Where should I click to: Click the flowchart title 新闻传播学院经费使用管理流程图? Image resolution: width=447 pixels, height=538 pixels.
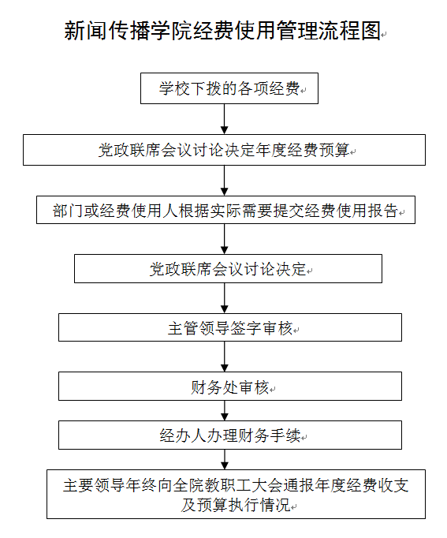222,31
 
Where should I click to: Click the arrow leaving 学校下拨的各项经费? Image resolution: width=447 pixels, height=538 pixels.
225,119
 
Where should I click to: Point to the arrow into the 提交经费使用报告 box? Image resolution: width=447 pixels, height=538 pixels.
225,181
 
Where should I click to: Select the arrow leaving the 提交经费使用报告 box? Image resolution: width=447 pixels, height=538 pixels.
225,239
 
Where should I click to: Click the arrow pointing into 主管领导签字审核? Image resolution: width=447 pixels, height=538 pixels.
225,298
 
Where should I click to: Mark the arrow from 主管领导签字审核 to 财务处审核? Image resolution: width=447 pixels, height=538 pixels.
225,357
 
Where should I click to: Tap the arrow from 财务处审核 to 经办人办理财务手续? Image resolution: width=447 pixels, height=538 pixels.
225,411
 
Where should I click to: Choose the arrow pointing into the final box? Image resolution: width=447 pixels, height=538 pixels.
225,460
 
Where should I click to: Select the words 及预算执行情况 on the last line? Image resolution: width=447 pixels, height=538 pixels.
236,505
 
